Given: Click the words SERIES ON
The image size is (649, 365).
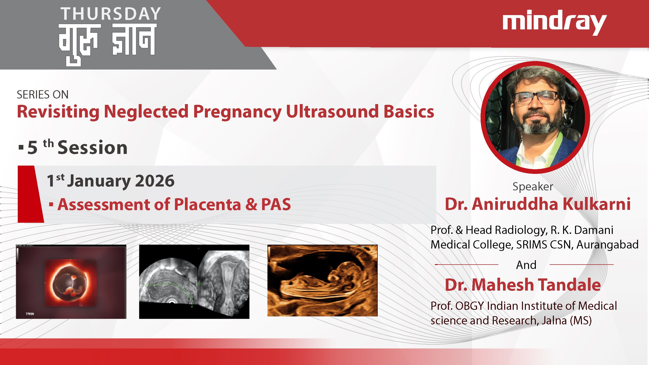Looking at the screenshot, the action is pos(43,95).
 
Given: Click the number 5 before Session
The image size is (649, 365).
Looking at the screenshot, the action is pos(32,148).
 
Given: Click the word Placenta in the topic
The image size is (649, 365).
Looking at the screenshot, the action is pos(207,204).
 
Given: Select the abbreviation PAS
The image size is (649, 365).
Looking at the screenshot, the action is pos(276,204).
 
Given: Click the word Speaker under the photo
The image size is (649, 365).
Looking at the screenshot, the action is pos(533,187).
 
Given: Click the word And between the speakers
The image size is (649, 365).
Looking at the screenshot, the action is pos(526,265).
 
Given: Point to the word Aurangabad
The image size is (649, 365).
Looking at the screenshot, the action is pos(607,244).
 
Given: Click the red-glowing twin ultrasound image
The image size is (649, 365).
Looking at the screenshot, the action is pos(71,282).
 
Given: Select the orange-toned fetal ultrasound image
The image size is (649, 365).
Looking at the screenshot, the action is pos(322,280).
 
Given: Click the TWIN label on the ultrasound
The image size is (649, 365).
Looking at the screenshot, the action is pos(30,314).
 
